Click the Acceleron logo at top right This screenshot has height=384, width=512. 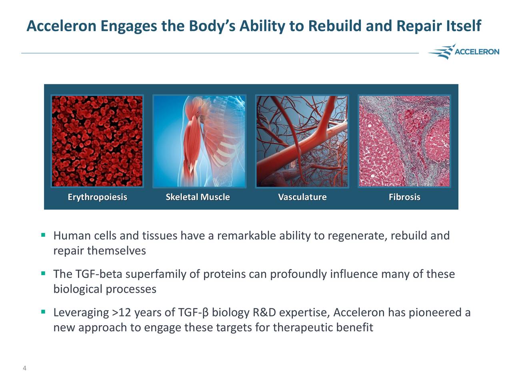pos(464,52)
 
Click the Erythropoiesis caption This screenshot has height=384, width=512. pos(97,197)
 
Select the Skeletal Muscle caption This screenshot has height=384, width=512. pos(198,197)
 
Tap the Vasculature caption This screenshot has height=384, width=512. pos(302,197)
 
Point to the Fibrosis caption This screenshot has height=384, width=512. pos(404,197)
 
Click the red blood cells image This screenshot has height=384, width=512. pos(97,141)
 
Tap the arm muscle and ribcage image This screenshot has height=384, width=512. pos(199,141)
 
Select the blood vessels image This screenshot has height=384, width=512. pos(302,141)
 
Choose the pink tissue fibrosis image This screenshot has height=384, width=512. pos(404,141)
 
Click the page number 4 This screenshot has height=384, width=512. pos(24,368)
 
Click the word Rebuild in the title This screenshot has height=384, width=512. pos(334,26)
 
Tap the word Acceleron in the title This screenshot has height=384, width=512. pos(61,26)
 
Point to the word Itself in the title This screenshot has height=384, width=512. pos(462,26)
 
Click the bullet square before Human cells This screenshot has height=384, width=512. pos(42,235)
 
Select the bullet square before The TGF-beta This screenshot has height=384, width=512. pos(42,274)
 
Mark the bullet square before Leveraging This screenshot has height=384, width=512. pos(42,312)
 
